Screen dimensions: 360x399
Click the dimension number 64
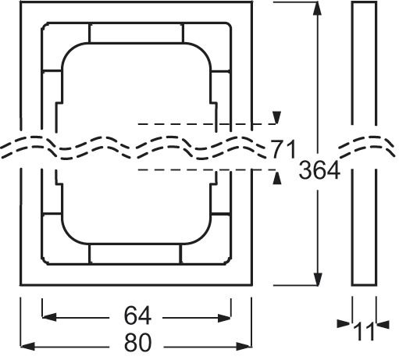pyautogui.click(x=136, y=317)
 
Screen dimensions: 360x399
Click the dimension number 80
pyautogui.click(x=136, y=343)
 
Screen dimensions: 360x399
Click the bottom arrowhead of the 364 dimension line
pyautogui.click(x=318, y=283)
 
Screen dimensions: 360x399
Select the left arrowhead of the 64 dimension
pyautogui.click(x=46, y=316)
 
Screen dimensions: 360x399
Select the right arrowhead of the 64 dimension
pyautogui.click(x=227, y=316)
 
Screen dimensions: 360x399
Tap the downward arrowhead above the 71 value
pyautogui.click(x=275, y=118)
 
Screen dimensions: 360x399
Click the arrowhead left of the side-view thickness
pyautogui.click(x=346, y=322)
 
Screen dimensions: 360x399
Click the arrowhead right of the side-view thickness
pyautogui.click(x=383, y=322)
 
